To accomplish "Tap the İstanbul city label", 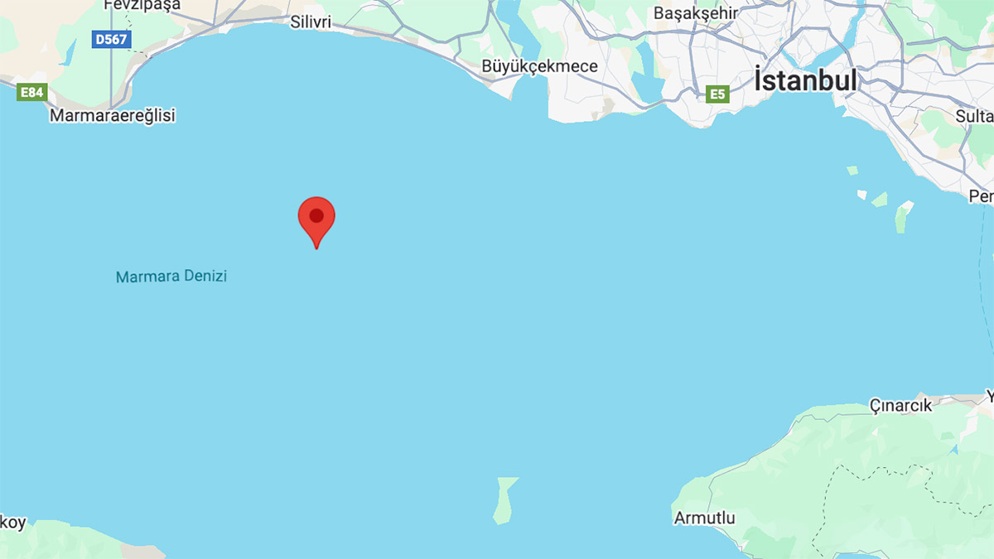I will pyautogui.click(x=805, y=81).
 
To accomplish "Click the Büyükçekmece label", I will pyautogui.click(x=539, y=66).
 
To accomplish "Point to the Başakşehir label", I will pyautogui.click(x=694, y=13).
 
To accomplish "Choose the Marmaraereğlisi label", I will pyautogui.click(x=113, y=115).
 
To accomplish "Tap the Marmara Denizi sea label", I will pyautogui.click(x=171, y=277).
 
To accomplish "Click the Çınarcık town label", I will pyautogui.click(x=900, y=406).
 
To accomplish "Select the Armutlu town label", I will pyautogui.click(x=705, y=518).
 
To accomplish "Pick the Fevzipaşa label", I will pyautogui.click(x=142, y=5).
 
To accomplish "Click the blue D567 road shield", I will pyautogui.click(x=111, y=39).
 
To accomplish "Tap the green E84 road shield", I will pyautogui.click(x=31, y=92).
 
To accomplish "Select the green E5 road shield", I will pyautogui.click(x=717, y=94).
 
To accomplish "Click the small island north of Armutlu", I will pyautogui.click(x=504, y=499).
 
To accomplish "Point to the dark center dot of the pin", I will pyautogui.click(x=316, y=215).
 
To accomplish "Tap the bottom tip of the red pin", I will pyautogui.click(x=316, y=247).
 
